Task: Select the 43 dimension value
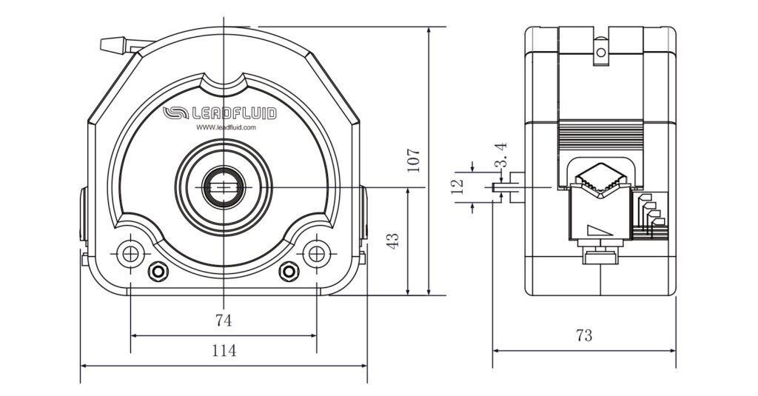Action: coord(393,240)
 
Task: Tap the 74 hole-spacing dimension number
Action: coord(224,321)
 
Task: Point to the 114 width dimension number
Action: coord(224,351)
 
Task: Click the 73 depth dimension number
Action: coord(584,335)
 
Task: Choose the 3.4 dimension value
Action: coord(501,154)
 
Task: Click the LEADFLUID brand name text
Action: coord(233,113)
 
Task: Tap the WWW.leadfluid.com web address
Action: coord(226,127)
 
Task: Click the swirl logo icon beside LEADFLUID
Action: coord(175,113)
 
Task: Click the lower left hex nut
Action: coord(157,272)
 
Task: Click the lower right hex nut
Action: coord(289,272)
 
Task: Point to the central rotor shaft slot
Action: coord(223,187)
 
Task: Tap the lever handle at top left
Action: coord(115,44)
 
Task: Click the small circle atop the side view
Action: coord(601,53)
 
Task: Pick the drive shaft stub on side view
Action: coord(512,187)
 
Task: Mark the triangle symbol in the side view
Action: coord(598,230)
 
